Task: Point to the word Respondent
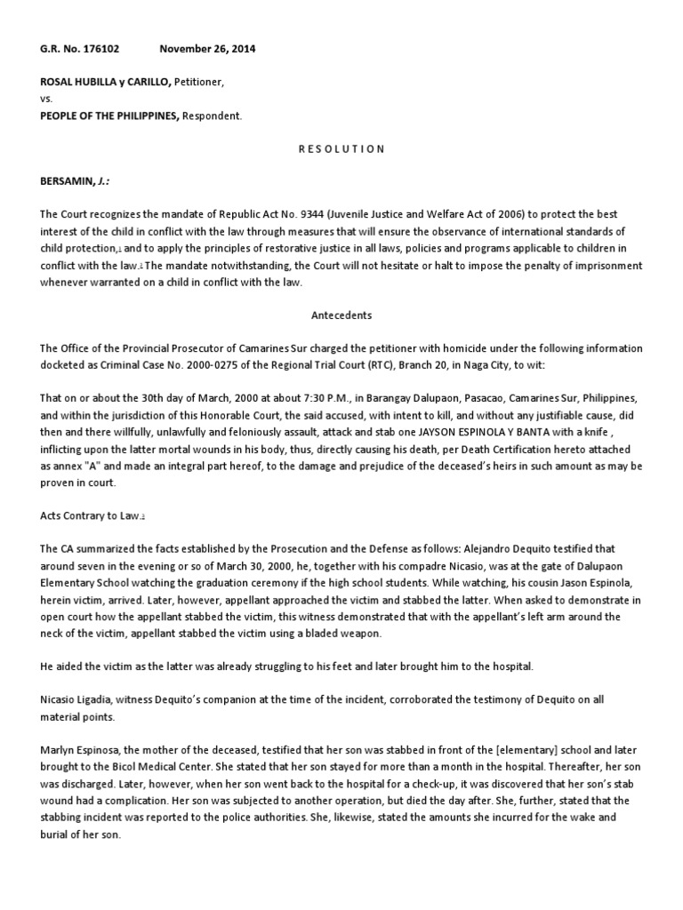212,116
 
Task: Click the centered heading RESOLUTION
341,148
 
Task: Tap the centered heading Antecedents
341,315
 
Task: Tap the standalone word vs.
47,100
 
